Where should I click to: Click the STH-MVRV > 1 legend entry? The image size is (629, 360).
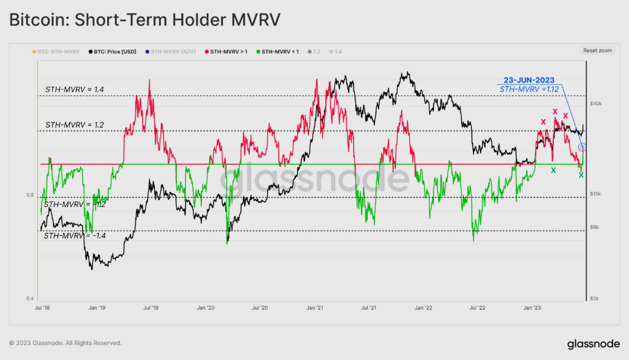pos(226,51)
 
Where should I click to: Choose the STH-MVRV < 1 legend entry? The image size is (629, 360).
pos(280,51)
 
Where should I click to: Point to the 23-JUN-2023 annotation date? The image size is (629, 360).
pos(529,80)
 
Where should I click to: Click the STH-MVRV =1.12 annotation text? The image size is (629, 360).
pos(529,89)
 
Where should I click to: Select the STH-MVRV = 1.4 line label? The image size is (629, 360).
pos(74,89)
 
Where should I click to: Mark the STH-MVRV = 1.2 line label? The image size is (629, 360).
pos(74,125)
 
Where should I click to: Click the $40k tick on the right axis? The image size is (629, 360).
pos(596,103)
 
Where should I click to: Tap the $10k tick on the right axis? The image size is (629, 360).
pos(596,194)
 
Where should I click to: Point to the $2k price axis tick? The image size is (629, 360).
pos(595,299)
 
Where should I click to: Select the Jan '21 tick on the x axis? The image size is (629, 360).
pos(314,308)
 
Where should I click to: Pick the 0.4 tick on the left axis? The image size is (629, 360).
pos(30,299)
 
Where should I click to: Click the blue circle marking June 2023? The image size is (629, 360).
pos(582,147)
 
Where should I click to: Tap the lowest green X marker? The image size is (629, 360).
pos(581,174)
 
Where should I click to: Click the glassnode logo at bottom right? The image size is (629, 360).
pos(594,343)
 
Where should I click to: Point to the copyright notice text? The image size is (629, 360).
pos(65,343)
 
